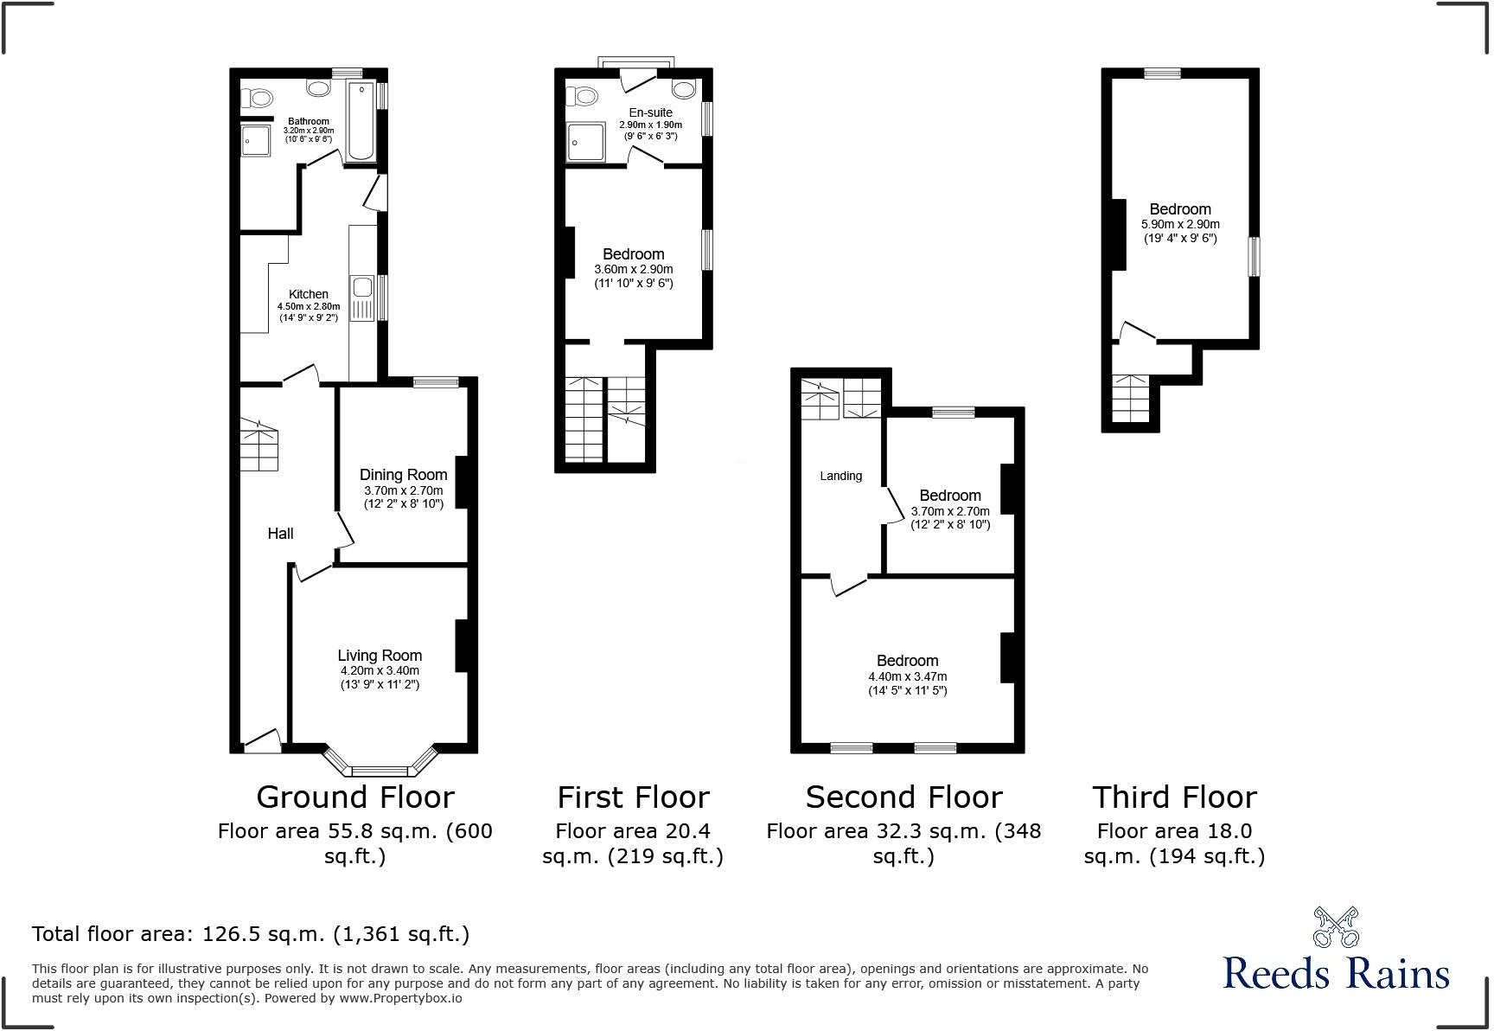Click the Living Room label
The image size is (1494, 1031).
point(380,656)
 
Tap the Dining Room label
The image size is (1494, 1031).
point(403,474)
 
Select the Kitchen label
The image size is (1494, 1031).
point(308,294)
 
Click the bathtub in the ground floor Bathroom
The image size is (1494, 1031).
point(360,122)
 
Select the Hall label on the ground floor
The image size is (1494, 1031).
point(280,534)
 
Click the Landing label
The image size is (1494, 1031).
point(840,476)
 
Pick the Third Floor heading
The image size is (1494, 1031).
point(1174,797)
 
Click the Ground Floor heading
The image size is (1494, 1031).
point(354,797)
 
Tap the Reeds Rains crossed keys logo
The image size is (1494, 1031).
point(1336,927)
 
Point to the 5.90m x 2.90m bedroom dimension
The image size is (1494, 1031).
point(1180,224)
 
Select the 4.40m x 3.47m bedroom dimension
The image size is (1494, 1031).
point(907,676)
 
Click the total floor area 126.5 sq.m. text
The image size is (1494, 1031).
point(251,934)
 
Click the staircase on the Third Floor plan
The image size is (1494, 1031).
point(1129,399)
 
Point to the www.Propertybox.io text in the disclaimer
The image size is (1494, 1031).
point(400,998)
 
